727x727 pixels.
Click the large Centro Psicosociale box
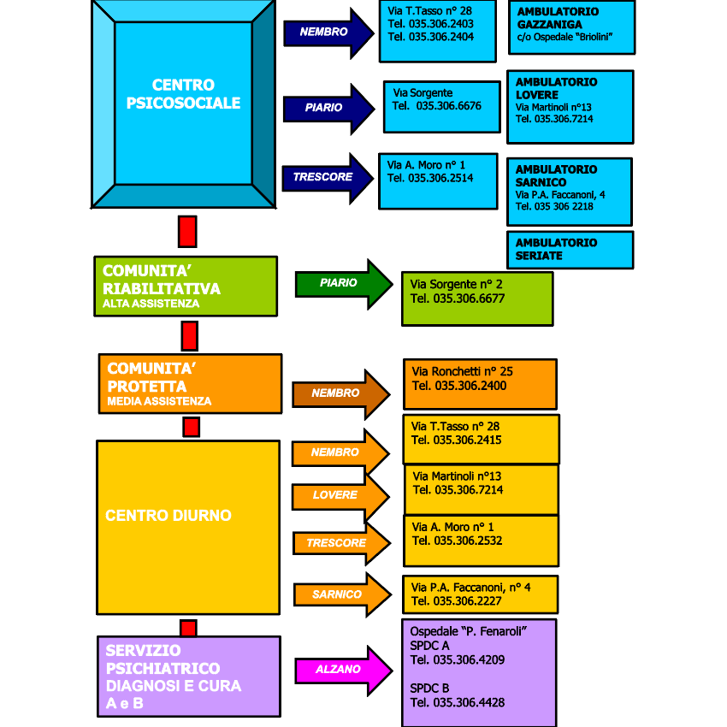[x=183, y=103]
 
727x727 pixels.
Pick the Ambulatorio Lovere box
[x=570, y=106]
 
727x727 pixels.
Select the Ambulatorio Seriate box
[x=570, y=250]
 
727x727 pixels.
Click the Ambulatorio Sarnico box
[x=569, y=191]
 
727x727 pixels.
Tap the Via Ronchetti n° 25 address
[x=463, y=372]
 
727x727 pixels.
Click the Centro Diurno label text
[x=168, y=516]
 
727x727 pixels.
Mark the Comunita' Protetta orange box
[x=189, y=383]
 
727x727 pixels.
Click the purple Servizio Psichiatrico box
[x=188, y=676]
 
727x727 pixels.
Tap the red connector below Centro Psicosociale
[x=187, y=231]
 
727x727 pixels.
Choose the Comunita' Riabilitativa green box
[x=186, y=286]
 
